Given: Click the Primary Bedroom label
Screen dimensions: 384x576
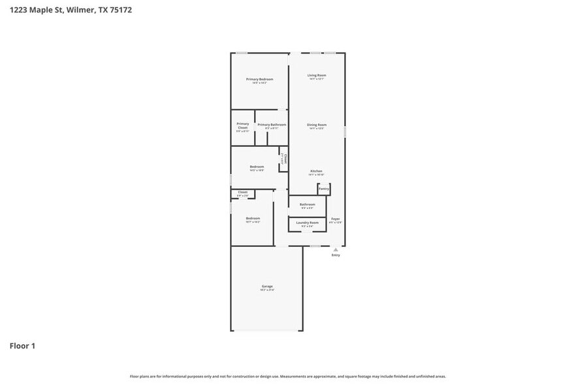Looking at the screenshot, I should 259,79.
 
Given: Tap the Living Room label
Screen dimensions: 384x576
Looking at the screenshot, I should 317,75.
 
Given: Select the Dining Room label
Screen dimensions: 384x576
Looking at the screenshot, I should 317,124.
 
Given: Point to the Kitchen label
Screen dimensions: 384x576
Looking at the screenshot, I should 316,171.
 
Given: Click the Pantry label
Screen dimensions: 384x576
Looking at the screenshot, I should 324,189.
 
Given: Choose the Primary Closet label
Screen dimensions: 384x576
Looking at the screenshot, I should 242,125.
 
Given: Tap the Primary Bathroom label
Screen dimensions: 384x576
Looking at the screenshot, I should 271,124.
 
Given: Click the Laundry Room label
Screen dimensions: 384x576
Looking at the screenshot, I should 307,223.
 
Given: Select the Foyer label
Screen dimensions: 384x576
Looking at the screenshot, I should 335,219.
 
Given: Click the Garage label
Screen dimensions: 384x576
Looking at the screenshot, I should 267,286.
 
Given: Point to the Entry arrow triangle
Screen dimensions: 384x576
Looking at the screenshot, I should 336,249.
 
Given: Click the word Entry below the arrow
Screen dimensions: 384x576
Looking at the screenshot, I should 336,255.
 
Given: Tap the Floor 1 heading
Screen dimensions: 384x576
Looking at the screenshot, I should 22,345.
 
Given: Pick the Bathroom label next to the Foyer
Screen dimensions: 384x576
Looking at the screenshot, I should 307,204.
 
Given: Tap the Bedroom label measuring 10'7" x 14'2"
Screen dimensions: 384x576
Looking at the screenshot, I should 253,218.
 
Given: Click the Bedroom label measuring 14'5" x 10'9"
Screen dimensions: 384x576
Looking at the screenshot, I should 257,167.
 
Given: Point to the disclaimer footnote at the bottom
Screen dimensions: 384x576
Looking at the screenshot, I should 287,376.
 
